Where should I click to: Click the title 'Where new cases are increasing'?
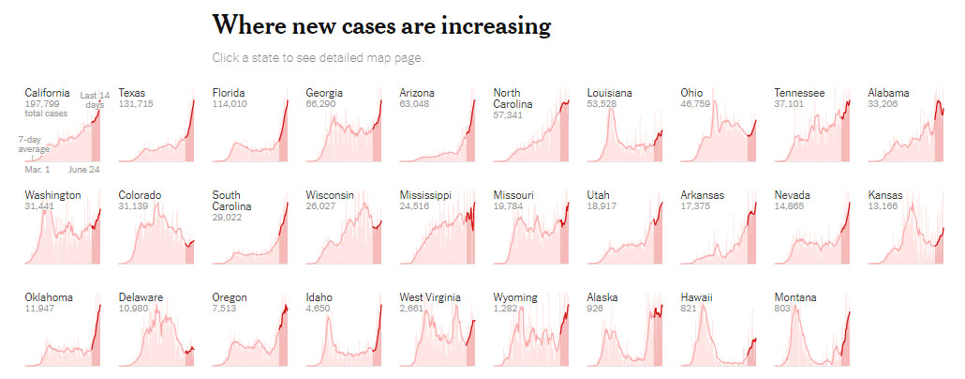[381, 25]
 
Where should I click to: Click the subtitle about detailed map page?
[318, 58]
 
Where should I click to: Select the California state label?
[47, 93]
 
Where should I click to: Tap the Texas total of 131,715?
[137, 104]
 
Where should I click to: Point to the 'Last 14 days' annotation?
[94, 99]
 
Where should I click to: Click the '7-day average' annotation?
[35, 144]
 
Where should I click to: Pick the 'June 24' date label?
[83, 169]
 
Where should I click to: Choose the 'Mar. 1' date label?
[37, 169]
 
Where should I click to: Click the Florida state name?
[230, 93]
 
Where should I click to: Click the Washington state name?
[52, 195]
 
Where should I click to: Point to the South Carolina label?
[233, 201]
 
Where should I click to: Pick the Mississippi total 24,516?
[417, 206]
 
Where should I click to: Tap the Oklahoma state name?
[49, 297]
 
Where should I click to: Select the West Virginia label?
[430, 297]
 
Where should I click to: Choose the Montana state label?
[795, 297]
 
